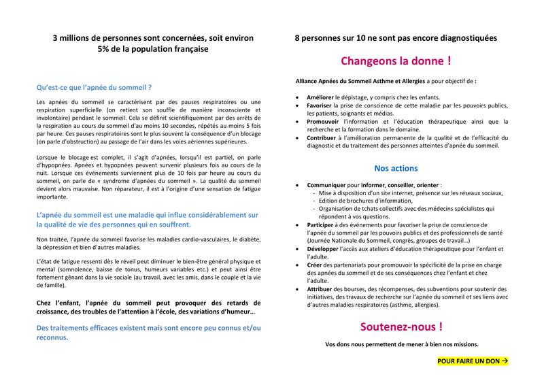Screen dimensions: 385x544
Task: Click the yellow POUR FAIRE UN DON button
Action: (x=473, y=361)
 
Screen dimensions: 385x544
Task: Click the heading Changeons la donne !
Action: (x=395, y=61)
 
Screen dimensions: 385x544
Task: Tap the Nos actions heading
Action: (x=396, y=168)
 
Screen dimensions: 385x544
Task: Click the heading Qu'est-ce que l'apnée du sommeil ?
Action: (x=94, y=88)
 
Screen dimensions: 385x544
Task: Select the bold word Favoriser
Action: (x=323, y=107)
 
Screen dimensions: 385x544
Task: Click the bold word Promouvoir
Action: (x=326, y=122)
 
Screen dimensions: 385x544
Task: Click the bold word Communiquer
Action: (x=330, y=184)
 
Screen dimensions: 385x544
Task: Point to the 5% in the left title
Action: (x=105, y=50)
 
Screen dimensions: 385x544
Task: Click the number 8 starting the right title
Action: (x=297, y=38)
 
